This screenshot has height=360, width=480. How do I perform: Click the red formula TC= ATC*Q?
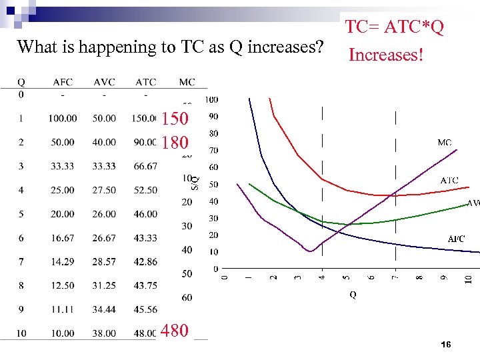pyautogui.click(x=395, y=27)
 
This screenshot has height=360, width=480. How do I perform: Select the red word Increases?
pyautogui.click(x=386, y=55)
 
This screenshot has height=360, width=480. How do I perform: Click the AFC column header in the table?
pyautogui.click(x=63, y=82)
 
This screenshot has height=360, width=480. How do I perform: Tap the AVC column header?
pyautogui.click(x=104, y=82)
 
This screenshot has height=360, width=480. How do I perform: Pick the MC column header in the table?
pyautogui.click(x=187, y=82)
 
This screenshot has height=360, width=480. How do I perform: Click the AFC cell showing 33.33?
pyautogui.click(x=63, y=166)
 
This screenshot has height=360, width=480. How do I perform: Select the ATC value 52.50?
pyautogui.click(x=145, y=190)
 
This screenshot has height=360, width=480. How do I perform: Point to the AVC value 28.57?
pyautogui.click(x=104, y=261)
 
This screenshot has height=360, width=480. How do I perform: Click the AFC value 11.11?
pyautogui.click(x=63, y=309)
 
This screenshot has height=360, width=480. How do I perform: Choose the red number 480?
pyautogui.click(x=175, y=330)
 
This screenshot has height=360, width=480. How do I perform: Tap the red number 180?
pyautogui.click(x=175, y=143)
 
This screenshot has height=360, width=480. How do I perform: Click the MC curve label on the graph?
pyautogui.click(x=445, y=143)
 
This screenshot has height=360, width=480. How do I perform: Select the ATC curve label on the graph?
pyautogui.click(x=449, y=181)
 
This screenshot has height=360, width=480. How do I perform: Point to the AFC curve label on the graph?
pyautogui.click(x=456, y=239)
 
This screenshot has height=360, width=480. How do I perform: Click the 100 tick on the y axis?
pyautogui.click(x=211, y=100)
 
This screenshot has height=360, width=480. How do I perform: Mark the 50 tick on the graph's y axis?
pyautogui.click(x=213, y=184)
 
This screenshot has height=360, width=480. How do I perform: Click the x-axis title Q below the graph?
pyautogui.click(x=352, y=295)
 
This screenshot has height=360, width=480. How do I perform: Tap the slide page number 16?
pyautogui.click(x=446, y=344)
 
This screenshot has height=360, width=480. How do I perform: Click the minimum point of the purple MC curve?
pyautogui.click(x=310, y=251)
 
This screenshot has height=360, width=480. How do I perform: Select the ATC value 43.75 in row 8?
pyautogui.click(x=145, y=285)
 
